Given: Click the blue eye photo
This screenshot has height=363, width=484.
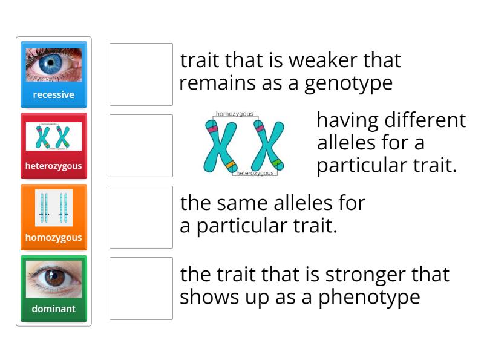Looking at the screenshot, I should (54, 65).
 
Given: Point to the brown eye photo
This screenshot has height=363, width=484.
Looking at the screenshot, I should (54, 280).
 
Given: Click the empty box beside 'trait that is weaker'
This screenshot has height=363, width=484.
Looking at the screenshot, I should (141, 74).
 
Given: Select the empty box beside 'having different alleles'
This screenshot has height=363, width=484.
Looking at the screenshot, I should (141, 145).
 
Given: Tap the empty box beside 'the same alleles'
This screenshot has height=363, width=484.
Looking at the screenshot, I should (141, 217).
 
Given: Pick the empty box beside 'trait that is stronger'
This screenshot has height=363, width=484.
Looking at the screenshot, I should (141, 288).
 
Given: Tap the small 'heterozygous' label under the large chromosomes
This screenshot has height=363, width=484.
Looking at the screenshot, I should (255, 173).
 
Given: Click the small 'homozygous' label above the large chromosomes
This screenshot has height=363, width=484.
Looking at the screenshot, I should (235, 114).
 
